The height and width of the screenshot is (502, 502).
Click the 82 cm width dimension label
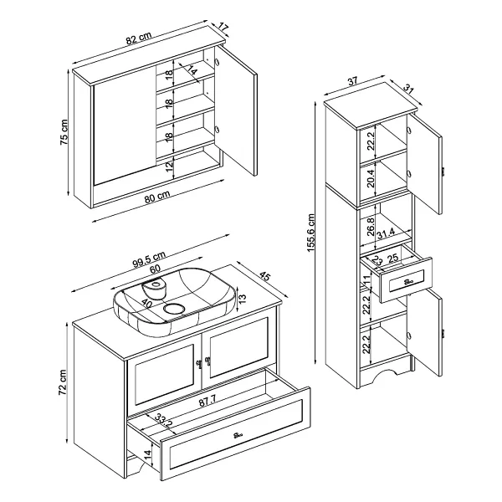point(139,38)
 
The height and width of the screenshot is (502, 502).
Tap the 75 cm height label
point(64,132)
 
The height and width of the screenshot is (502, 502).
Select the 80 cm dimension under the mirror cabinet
point(157,197)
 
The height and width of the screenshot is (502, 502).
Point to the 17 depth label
point(223,28)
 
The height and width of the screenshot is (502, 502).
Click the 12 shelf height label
point(169,166)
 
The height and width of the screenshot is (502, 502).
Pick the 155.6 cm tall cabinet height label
point(311,233)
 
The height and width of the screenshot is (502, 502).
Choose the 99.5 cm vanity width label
point(149,259)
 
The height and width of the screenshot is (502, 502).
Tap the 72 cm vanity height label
point(63,382)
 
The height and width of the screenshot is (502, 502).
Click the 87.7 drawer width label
point(207,401)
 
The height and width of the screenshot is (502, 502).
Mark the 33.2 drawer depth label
point(164,420)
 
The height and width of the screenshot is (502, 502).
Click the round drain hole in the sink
point(174,309)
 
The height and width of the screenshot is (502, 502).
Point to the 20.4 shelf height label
point(371,179)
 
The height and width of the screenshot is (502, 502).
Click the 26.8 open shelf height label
point(371,227)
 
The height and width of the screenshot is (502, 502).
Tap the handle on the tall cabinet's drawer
point(408,282)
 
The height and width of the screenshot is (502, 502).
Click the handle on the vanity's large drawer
point(238,435)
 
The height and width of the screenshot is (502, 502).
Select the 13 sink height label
point(243,299)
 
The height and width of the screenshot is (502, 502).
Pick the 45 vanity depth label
point(264,275)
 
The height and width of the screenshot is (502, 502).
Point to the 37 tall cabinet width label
point(352,81)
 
